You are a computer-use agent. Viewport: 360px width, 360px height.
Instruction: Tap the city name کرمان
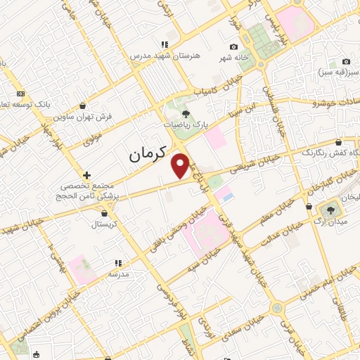148,155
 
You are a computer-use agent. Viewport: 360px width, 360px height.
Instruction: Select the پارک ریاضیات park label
186,124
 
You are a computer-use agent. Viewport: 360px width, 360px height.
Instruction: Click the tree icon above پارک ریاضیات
186,112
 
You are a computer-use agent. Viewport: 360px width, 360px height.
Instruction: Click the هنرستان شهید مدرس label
164,55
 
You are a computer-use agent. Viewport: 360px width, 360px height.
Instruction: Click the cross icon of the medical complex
86,174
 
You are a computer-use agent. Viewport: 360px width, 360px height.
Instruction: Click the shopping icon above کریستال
105,212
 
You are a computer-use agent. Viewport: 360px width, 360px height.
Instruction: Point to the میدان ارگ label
330,223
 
